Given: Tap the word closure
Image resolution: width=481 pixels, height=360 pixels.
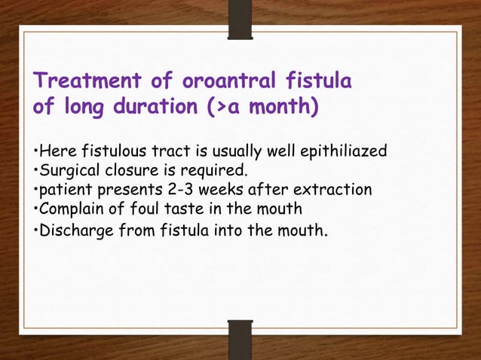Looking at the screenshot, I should pyautogui.click(x=123, y=171).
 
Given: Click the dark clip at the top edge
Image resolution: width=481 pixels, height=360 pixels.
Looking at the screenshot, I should pyautogui.click(x=240, y=17).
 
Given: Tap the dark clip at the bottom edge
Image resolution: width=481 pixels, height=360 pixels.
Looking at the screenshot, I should pyautogui.click(x=240, y=339).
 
